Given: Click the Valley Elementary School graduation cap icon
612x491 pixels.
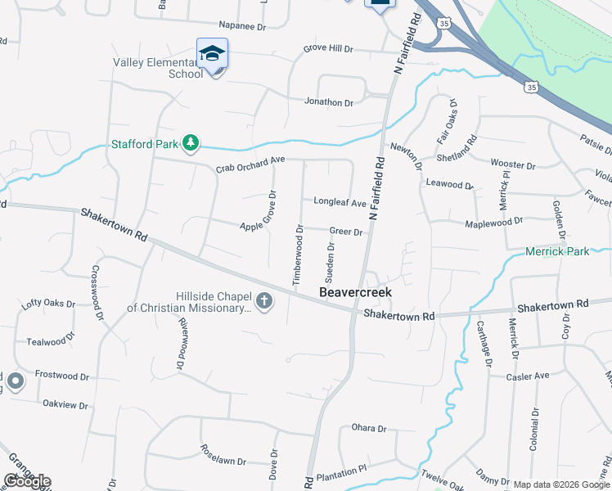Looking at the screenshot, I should click(213, 54).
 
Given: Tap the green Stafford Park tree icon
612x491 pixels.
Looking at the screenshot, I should click(191, 144).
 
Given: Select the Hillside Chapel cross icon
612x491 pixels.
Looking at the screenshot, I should click(263, 301).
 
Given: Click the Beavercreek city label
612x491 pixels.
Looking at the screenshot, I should click(355, 292).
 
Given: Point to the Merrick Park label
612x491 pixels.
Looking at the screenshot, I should click(557, 251).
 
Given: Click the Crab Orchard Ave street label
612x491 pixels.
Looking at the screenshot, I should click(250, 164).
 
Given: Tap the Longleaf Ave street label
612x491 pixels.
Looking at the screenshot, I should click(340, 202).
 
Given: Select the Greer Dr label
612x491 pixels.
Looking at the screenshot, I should click(346, 232).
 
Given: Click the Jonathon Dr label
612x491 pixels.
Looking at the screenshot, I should click(329, 103).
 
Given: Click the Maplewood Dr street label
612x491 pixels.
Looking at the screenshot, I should click(493, 223).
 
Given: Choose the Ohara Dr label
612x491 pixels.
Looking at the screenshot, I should click(368, 428).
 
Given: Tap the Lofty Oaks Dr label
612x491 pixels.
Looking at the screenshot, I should click(48, 304).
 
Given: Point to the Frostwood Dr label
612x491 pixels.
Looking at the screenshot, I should click(61, 376).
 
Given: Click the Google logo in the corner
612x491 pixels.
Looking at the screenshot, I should click(27, 481).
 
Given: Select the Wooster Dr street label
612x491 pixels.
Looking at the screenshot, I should click(512, 165).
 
